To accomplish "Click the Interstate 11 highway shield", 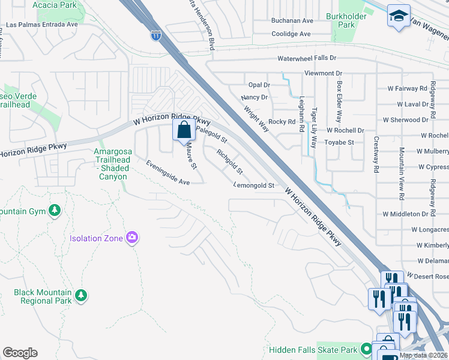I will [156, 35].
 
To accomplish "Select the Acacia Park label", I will [56, 5].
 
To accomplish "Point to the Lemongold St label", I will [254, 186].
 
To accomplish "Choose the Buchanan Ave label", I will [292, 20].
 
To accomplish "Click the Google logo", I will [20, 353].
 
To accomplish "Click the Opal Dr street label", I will [259, 85].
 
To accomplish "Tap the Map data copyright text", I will [424, 355].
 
